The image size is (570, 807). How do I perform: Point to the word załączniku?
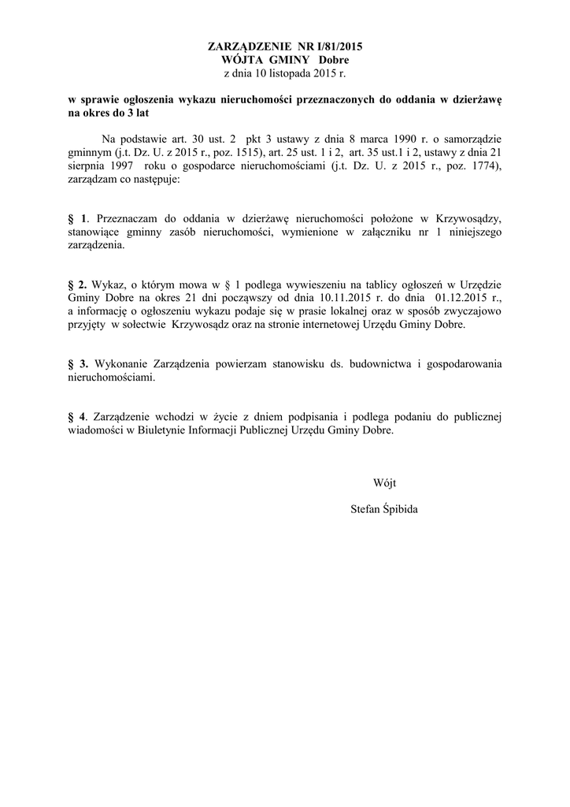373,232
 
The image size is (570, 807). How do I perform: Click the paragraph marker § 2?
77,284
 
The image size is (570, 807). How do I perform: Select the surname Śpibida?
399,509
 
